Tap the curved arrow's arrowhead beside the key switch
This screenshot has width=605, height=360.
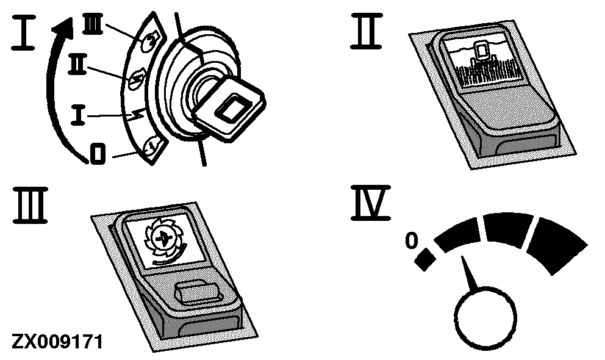[63, 29]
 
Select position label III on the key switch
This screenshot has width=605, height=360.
[93, 24]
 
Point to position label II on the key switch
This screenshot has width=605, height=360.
[77, 65]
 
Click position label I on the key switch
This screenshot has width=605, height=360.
[78, 115]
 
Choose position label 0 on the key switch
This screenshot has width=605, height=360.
[98, 153]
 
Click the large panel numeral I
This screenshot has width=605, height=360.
[24, 32]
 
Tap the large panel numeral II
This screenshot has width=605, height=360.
[367, 31]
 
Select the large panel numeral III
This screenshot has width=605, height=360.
[30, 205]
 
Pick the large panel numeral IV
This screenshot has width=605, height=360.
[370, 203]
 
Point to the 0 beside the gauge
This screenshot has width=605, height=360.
[412, 240]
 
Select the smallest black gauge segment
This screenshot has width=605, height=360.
[425, 259]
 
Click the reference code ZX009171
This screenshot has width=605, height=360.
[57, 342]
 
